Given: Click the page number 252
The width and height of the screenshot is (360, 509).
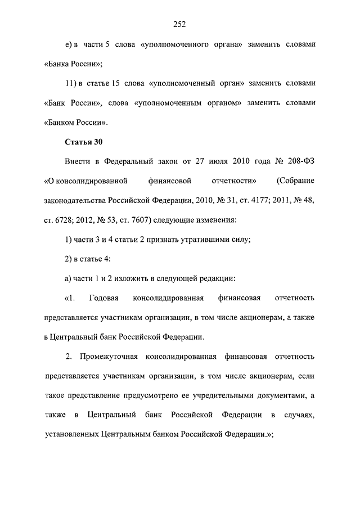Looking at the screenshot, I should coord(179,24).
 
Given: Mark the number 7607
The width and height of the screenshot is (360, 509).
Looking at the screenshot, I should coord(140,219).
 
